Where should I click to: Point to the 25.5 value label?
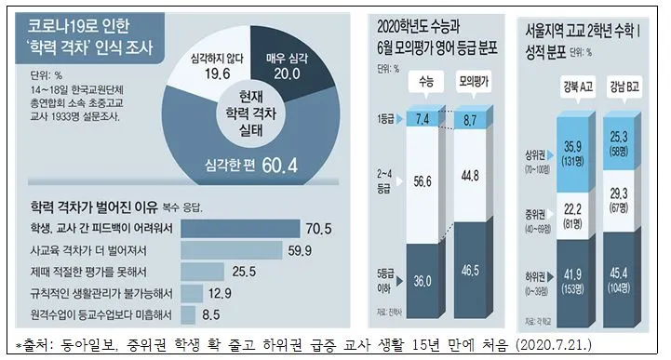243,271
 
